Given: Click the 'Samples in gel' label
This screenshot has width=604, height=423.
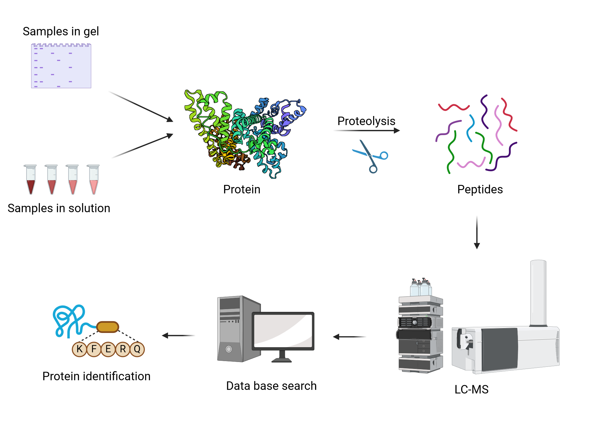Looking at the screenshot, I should (61, 31).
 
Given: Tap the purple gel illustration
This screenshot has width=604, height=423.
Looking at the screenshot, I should (61, 66).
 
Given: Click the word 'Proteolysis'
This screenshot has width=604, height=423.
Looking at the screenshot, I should (366, 121).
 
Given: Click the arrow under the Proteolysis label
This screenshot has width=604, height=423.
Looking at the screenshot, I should (367, 131).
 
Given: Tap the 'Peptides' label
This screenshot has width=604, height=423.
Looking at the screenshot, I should (480, 189).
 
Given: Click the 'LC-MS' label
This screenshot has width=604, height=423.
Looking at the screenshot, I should (471, 389).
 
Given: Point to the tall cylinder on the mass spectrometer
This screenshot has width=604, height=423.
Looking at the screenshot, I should (538, 293).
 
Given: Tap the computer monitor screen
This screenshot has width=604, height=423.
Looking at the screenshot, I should (283, 331).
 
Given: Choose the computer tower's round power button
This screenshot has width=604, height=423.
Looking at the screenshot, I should (229, 349).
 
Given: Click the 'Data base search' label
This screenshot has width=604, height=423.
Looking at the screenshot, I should (271, 386).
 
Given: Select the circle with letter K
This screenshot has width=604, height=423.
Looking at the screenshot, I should (79, 349).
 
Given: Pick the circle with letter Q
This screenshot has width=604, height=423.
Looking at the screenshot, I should (137, 349).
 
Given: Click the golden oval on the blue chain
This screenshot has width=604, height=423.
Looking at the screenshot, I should (108, 327).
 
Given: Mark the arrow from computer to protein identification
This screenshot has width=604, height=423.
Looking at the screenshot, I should (178, 335).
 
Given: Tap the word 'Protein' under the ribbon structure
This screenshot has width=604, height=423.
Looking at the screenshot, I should (242, 189).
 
